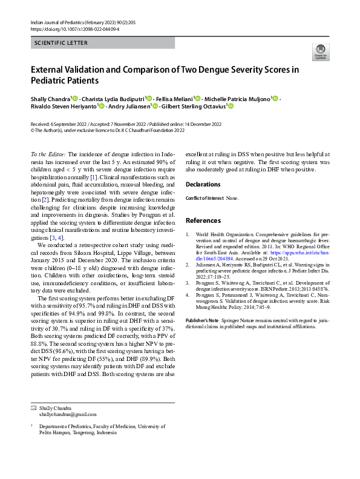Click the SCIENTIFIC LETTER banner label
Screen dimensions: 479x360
click(x=61, y=43)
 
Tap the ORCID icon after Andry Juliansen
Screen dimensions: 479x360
click(x=155, y=107)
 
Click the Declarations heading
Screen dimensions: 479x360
click(x=203, y=184)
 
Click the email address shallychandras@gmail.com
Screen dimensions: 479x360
click(x=67, y=414)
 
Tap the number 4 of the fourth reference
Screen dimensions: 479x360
click(x=188, y=295)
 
